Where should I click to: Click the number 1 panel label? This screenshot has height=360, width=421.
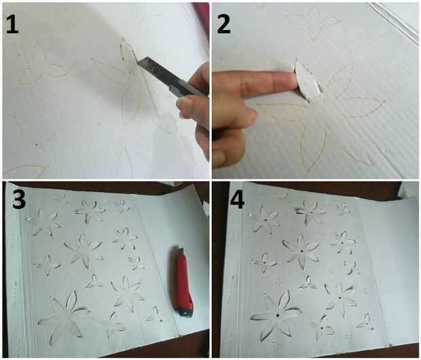pos(12,24)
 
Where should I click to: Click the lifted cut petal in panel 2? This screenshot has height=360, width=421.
pos(307,79)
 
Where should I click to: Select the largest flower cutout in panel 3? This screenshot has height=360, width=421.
pos(65,317)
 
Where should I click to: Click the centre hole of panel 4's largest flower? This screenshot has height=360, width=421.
pos(276,315)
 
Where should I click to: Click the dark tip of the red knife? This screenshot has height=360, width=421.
pos(185,312)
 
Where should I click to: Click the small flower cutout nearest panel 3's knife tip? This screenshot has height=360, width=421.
pos(154,315)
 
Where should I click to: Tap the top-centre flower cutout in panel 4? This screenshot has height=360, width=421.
pos(311,212)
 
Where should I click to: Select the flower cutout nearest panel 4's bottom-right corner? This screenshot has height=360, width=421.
pos(365,322)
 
